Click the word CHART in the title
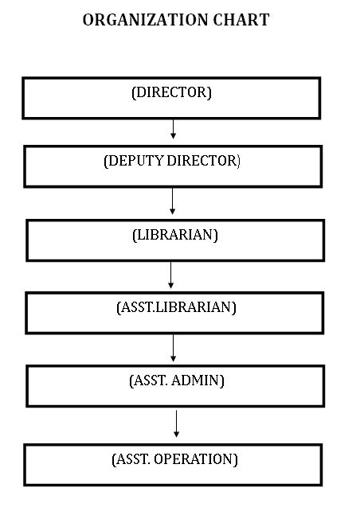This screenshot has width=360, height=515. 241,20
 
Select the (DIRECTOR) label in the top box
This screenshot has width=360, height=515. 171,92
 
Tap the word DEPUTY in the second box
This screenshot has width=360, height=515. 134,161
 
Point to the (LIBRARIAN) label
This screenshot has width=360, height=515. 175,235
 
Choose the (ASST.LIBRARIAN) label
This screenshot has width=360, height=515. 176,307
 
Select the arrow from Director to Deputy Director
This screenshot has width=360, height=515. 174,129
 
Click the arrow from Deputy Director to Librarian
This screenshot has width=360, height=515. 172,201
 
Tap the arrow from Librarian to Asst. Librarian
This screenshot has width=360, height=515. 170,275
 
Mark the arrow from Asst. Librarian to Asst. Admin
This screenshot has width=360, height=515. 174,348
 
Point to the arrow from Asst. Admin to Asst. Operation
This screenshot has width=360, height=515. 176,423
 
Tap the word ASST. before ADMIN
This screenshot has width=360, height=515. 151,380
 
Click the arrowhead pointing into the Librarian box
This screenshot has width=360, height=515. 172,212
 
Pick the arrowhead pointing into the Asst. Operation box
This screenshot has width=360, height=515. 176,434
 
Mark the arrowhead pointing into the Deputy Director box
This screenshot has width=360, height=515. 174,135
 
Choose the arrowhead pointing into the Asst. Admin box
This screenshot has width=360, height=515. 174,359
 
